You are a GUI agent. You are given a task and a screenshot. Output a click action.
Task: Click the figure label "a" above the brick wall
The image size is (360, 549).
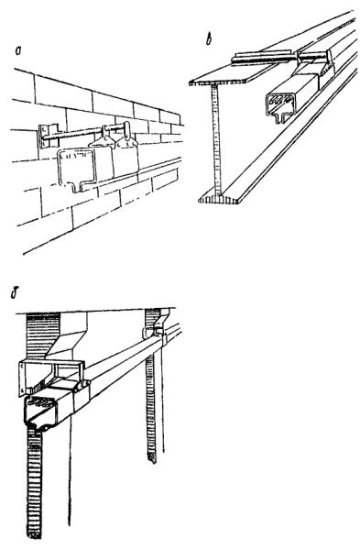(x=17, y=51)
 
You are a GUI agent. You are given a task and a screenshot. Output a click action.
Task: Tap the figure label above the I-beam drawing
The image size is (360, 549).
(x=209, y=39)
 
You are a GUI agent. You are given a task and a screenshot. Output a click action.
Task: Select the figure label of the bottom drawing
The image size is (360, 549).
(x=15, y=293)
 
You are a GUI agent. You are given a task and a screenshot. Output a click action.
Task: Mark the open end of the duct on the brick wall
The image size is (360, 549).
(x=76, y=167)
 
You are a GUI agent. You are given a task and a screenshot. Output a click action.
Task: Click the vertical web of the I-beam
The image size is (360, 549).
(x=216, y=140)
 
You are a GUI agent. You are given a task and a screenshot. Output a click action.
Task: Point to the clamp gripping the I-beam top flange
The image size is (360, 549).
(x=261, y=59)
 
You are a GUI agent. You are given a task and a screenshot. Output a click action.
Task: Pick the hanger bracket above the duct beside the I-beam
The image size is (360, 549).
(x=317, y=63)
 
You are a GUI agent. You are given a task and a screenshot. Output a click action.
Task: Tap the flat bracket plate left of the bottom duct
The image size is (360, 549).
(x=23, y=379)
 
